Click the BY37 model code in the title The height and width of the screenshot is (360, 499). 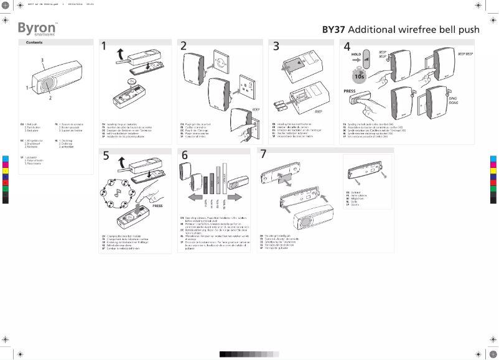[333, 30]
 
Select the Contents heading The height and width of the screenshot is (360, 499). [34, 42]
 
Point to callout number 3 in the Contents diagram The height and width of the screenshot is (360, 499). [42, 60]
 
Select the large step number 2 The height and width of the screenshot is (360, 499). [184, 47]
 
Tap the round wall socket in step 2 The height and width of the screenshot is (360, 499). [223, 63]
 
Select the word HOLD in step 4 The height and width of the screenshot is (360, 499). [357, 55]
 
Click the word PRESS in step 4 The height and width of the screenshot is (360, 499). [350, 90]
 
